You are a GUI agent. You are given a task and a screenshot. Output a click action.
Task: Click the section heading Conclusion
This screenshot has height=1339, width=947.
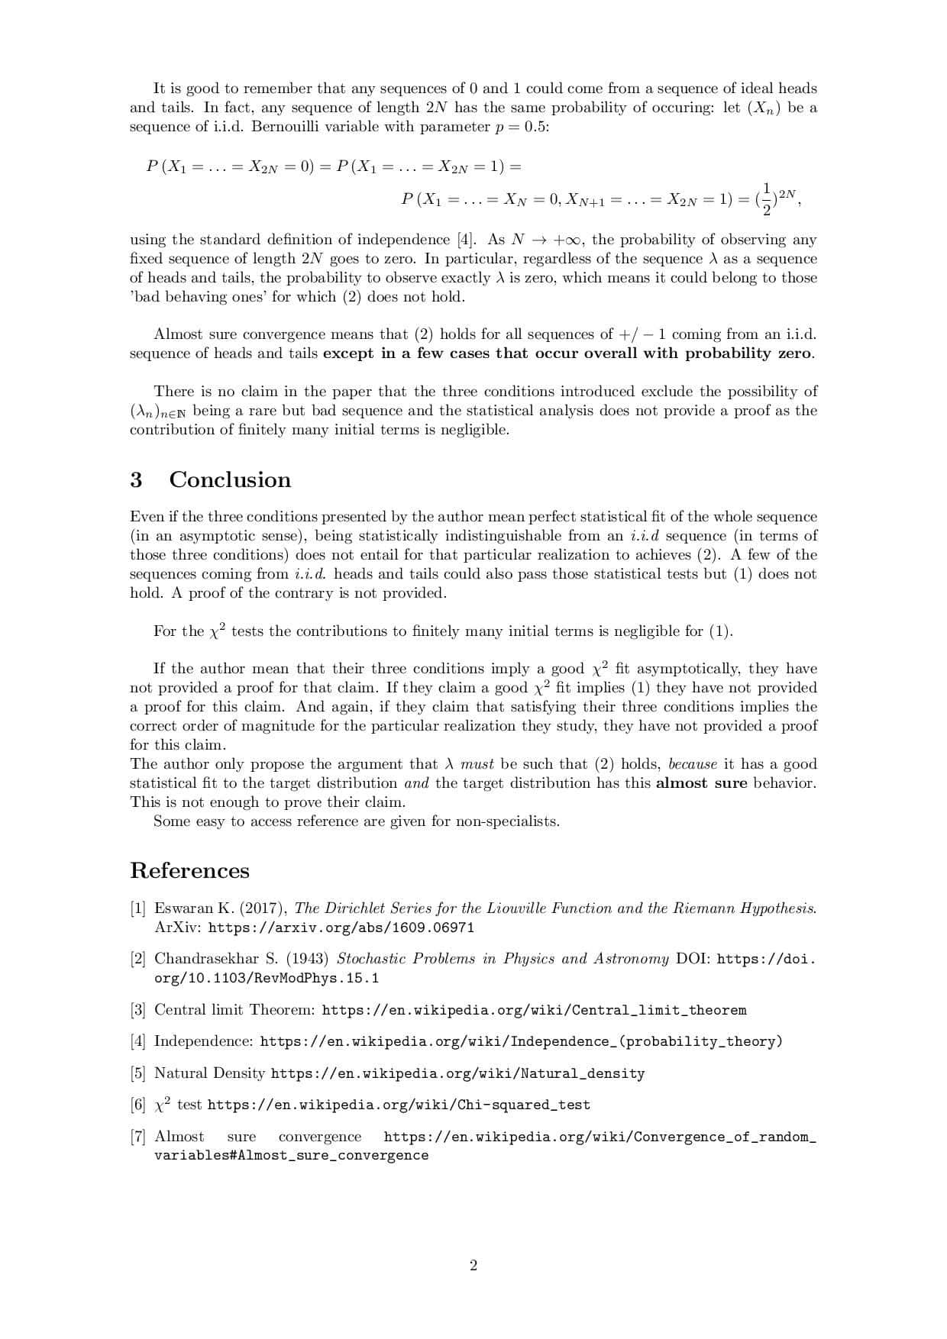click(230, 479)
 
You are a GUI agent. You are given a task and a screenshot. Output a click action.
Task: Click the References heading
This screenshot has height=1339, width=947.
click(189, 870)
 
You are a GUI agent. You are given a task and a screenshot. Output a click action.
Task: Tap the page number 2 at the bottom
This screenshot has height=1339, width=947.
click(473, 1266)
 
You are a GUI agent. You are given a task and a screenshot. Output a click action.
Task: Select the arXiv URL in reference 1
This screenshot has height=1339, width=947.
click(341, 928)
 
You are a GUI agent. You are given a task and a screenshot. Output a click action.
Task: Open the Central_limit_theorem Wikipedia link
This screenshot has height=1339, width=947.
click(534, 1010)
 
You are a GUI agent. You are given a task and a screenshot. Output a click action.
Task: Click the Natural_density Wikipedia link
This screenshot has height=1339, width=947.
click(457, 1073)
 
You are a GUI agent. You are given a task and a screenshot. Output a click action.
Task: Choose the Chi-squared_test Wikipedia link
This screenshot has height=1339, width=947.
click(399, 1105)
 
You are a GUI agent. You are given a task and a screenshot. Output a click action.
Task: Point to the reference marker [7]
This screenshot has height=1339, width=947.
click(137, 1137)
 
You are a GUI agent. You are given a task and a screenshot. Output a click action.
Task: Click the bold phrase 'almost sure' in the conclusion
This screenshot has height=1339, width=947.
click(701, 783)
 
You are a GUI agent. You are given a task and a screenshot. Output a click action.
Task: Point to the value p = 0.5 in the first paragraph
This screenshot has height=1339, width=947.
click(521, 127)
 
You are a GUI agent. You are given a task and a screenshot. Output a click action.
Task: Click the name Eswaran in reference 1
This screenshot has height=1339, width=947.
click(184, 908)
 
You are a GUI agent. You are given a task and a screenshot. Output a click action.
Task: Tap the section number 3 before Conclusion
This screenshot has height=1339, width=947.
click(136, 479)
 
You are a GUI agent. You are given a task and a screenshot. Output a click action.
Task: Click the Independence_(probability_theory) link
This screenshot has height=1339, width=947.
click(521, 1041)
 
